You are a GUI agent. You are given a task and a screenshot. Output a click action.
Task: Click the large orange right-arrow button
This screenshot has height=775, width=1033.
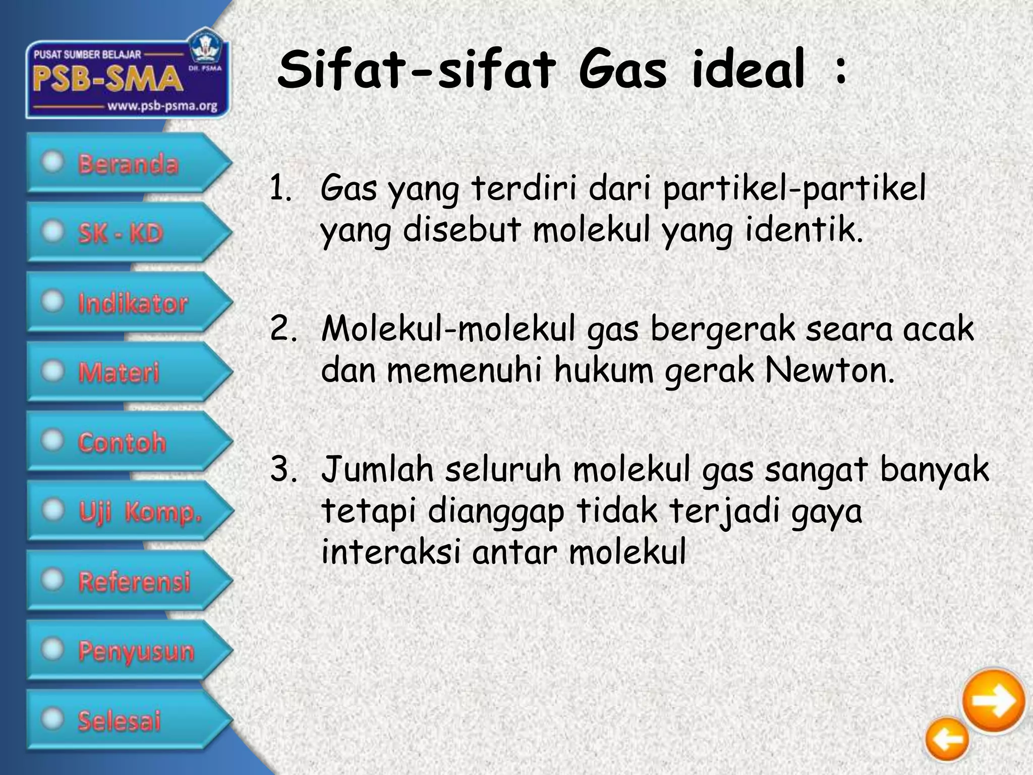pyautogui.click(x=993, y=701)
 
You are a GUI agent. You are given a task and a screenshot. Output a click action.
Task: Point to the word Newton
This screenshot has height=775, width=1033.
pyautogui.click(x=829, y=371)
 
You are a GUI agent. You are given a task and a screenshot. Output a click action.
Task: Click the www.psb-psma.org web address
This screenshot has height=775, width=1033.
pyautogui.click(x=162, y=106)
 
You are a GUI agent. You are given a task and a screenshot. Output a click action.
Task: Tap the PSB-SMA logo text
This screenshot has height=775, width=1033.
pyautogui.click(x=107, y=80)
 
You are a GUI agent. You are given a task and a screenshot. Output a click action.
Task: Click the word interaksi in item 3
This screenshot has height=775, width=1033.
pyautogui.click(x=391, y=552)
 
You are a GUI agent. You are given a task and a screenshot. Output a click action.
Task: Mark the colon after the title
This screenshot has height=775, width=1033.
pyautogui.click(x=840, y=71)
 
